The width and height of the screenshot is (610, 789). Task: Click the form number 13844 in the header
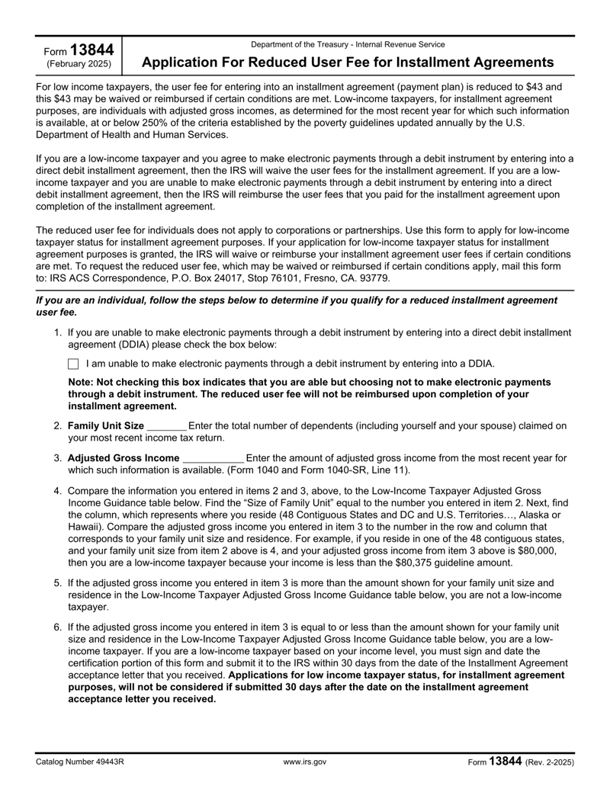point(92,50)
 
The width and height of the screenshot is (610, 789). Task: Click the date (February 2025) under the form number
point(79,63)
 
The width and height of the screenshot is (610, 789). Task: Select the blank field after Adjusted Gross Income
point(214,458)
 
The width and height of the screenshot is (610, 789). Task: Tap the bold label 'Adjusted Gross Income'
point(124,458)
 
